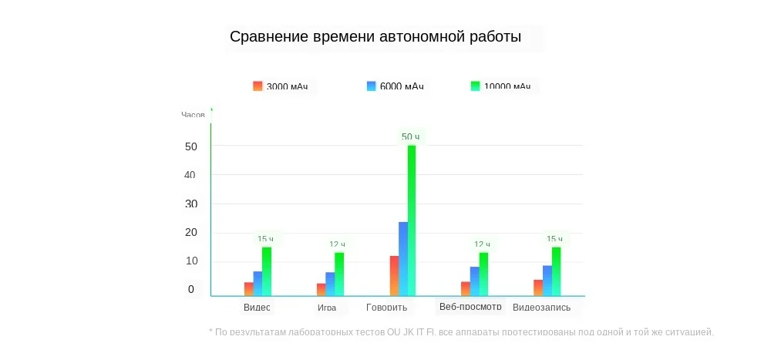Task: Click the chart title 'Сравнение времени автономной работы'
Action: click(375, 37)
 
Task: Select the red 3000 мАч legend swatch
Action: click(258, 86)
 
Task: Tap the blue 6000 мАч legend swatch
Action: click(371, 86)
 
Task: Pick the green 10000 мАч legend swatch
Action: click(475, 86)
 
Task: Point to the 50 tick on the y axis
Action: click(191, 146)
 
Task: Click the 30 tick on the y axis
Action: click(191, 204)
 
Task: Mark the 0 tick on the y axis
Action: click(191, 290)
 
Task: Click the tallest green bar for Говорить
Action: click(412, 220)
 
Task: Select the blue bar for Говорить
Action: click(402, 258)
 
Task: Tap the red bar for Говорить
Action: click(394, 275)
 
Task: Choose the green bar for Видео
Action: click(267, 271)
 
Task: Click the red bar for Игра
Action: click(321, 289)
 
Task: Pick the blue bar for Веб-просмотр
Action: click(474, 281)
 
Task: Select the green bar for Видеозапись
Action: click(556, 271)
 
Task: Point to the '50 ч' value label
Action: click(410, 137)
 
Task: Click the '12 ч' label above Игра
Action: click(337, 244)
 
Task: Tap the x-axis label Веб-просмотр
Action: click(470, 307)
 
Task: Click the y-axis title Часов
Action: click(193, 115)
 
